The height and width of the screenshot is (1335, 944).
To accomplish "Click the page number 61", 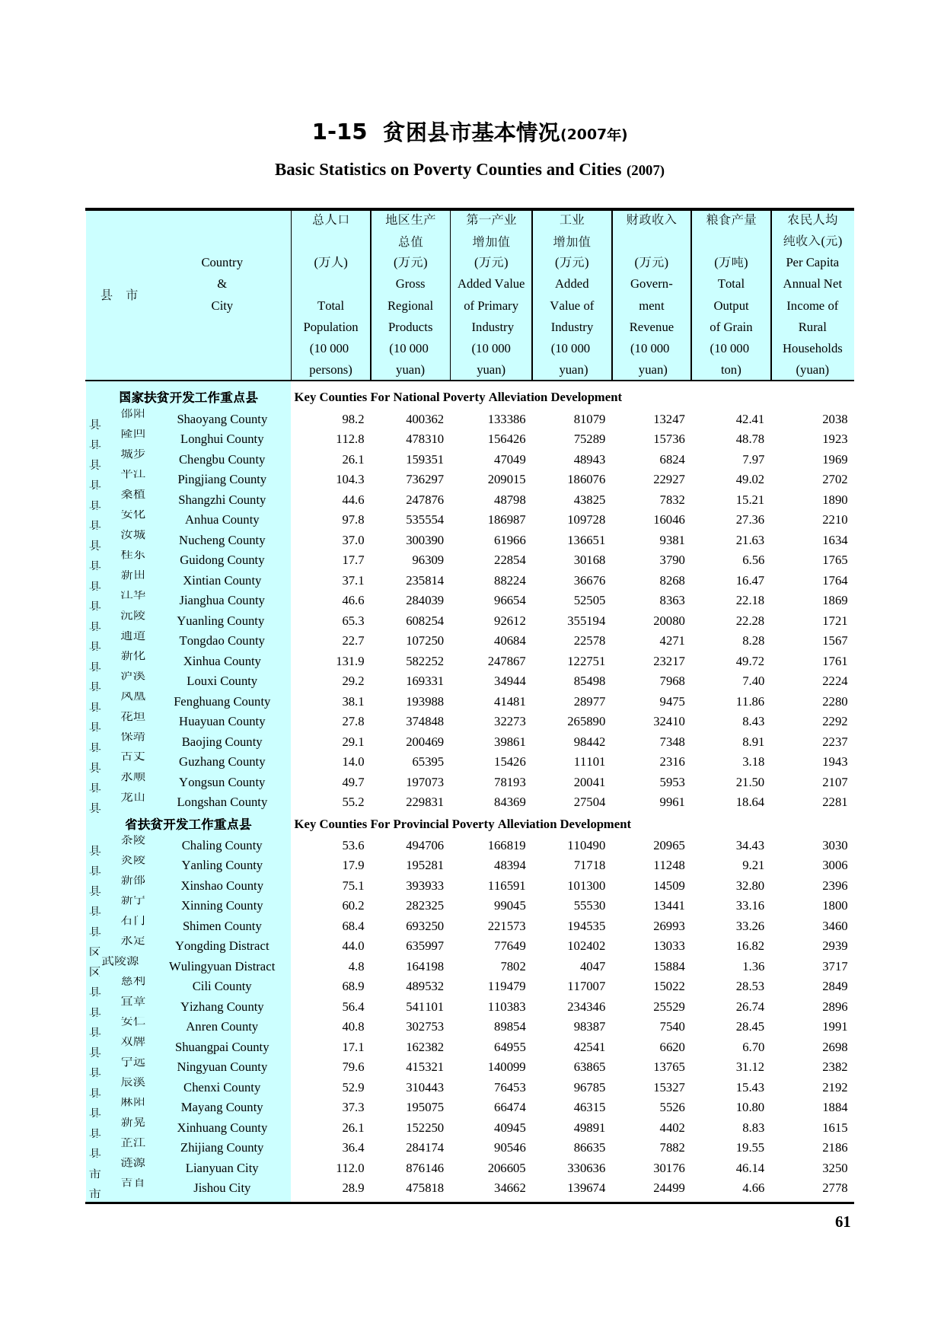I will (x=842, y=1222).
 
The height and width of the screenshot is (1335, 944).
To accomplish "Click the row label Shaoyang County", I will (x=222, y=419).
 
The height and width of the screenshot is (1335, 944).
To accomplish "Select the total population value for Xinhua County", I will (x=350, y=661).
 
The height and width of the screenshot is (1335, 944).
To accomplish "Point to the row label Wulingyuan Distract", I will (x=222, y=967).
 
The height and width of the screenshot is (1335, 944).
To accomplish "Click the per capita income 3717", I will (x=834, y=967).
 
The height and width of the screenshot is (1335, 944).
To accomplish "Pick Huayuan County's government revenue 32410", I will (x=668, y=722).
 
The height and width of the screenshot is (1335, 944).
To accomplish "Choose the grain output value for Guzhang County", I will (x=750, y=762).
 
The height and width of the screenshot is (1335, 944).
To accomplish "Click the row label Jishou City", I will (x=222, y=1188).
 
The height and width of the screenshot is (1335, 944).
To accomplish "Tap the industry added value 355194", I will (x=586, y=621).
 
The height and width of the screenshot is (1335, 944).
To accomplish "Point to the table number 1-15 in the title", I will (x=340, y=132).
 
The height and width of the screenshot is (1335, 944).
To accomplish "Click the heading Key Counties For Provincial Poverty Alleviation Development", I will (x=462, y=824).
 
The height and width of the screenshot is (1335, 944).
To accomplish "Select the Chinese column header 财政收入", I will (x=651, y=220).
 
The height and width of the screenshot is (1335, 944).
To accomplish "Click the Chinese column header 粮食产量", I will (x=731, y=220).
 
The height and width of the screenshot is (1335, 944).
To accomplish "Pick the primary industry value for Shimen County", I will (x=506, y=926).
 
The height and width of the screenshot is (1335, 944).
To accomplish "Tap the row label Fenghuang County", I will (x=222, y=702).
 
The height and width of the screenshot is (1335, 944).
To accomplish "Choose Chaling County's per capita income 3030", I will (x=834, y=846).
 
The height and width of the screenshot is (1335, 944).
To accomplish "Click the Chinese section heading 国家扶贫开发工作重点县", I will (x=188, y=397).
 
